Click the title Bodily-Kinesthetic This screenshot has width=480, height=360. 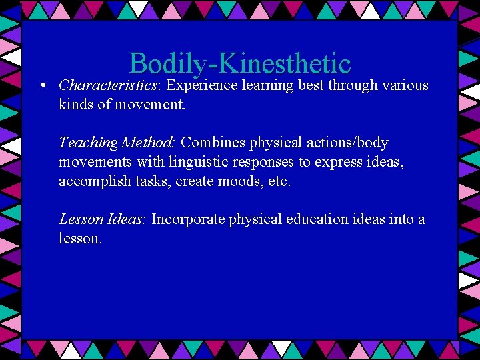[x=240, y=63]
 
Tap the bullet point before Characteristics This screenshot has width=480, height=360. [x=42, y=86]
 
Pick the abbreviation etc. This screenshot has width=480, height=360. [x=279, y=181]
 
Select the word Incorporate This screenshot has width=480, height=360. [x=188, y=219]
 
